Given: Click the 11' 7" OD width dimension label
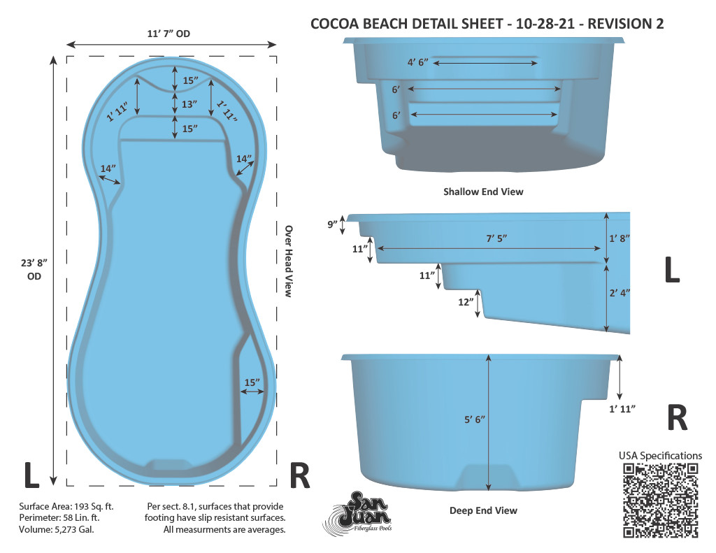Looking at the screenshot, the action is (169, 34).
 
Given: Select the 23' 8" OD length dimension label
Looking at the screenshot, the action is (34, 269).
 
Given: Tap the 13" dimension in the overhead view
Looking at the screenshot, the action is (189, 104).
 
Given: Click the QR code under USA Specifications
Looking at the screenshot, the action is (660, 501).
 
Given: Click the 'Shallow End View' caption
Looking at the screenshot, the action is (483, 192).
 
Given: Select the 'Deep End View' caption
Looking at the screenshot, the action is (483, 510).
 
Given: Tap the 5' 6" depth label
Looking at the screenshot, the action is (475, 419).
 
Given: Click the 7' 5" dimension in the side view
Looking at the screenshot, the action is (496, 238).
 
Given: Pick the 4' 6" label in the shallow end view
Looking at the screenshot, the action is (418, 62).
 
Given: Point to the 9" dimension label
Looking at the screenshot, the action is (332, 224).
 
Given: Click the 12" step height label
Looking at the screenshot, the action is (466, 302).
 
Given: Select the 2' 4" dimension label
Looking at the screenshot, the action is (620, 293).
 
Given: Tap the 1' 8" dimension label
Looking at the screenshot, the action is (620, 238).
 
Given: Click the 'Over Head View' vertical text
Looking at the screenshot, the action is (288, 261).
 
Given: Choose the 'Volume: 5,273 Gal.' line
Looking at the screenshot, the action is (57, 530).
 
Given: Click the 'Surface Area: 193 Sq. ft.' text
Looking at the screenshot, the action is (66, 506).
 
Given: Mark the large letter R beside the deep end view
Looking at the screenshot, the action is (677, 417).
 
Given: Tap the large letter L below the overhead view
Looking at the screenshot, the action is (31, 475).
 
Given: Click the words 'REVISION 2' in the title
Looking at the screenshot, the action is (625, 24).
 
